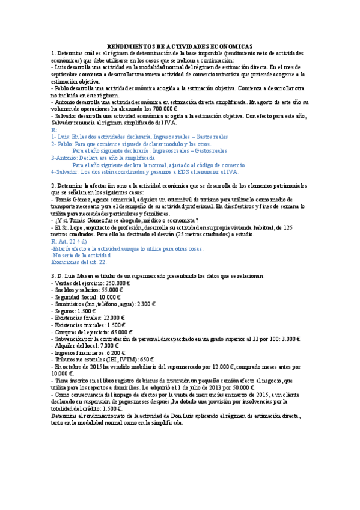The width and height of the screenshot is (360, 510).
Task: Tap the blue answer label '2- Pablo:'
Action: tap(63, 144)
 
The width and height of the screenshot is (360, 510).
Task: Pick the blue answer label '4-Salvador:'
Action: tap(67, 171)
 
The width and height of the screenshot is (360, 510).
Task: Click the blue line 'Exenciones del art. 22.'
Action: tap(79, 262)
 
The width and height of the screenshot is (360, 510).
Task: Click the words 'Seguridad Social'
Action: tap(74, 297)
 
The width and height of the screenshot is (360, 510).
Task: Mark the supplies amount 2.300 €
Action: tap(145, 304)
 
